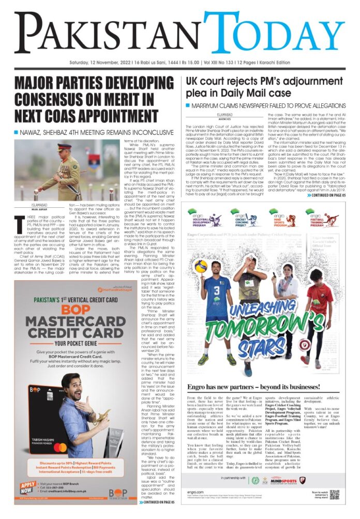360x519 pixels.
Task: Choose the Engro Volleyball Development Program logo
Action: pyautogui.click(x=204, y=217)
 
